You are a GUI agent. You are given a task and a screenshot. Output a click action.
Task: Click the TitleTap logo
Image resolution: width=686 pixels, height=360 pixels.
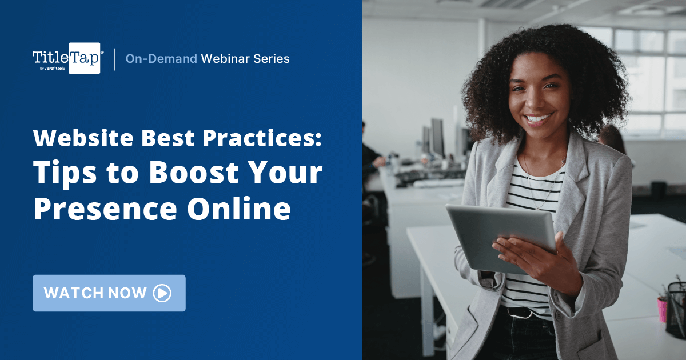tap(67, 58)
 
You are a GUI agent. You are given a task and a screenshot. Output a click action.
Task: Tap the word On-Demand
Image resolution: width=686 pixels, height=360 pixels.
tap(161, 58)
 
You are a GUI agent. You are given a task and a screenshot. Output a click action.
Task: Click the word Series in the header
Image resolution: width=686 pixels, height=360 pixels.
tap(273, 58)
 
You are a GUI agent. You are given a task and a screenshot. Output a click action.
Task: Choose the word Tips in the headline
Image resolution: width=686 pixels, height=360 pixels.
tap(62, 174)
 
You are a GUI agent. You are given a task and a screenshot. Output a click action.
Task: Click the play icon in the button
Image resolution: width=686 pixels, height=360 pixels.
tap(162, 293)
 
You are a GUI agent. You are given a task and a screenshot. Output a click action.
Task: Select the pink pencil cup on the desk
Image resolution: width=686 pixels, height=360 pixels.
tap(663, 309)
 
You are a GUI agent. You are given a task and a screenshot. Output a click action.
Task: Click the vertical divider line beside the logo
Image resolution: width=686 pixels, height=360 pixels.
tap(114, 59)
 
